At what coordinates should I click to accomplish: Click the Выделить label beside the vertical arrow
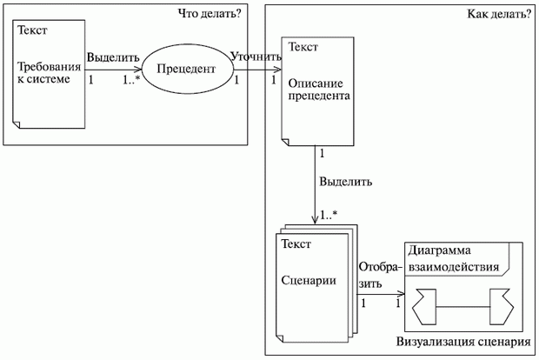pos(346,183)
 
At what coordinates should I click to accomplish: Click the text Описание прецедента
pos(318,88)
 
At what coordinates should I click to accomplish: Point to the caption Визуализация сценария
pos(462,343)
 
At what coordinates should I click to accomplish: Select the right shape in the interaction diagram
pos(502,304)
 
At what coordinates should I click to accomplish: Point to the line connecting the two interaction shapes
pos(465,304)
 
